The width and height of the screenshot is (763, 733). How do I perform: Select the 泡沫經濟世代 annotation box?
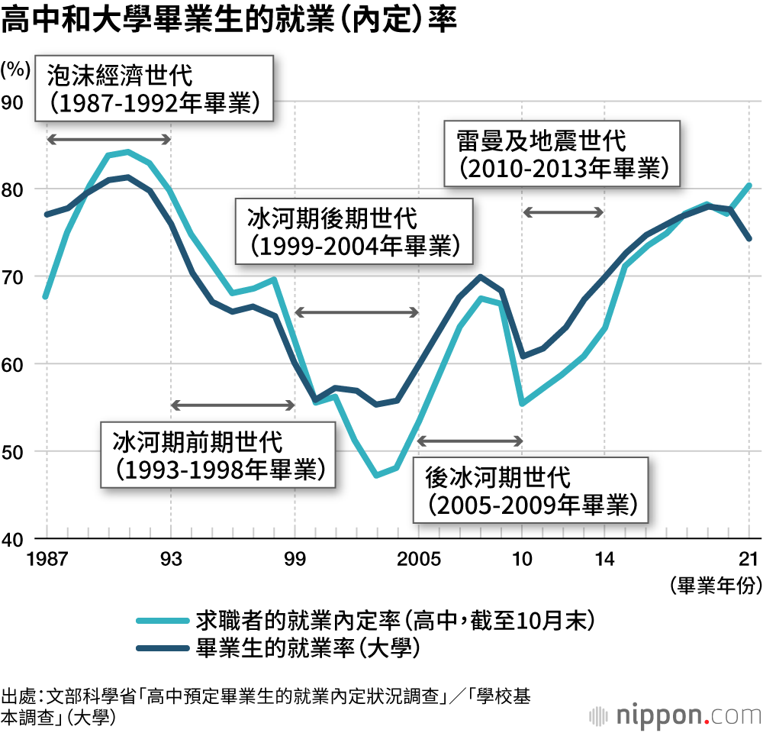click(154, 89)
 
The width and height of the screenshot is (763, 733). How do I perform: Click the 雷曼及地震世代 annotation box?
click(562, 153)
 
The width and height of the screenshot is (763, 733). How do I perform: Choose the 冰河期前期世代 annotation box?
click(218, 455)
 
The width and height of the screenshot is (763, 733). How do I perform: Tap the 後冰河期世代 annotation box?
click(530, 491)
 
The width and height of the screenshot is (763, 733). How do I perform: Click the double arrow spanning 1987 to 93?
click(108, 139)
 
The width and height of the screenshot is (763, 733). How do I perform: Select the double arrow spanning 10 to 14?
click(563, 212)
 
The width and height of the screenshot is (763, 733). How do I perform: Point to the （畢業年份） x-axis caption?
click(716, 586)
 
